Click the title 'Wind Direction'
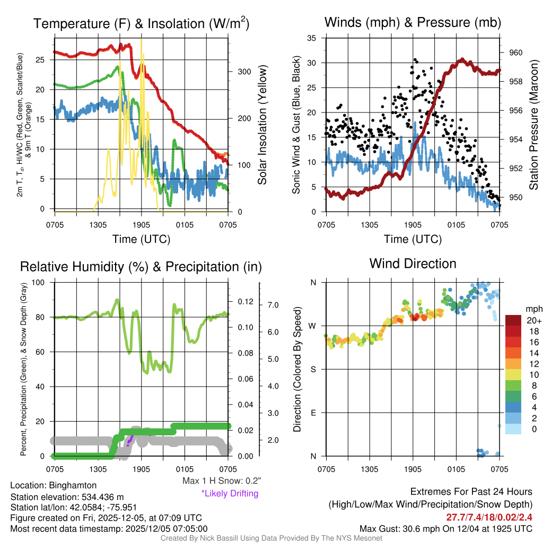point(413,264)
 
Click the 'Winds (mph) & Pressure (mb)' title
point(413,23)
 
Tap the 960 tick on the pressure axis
point(516,52)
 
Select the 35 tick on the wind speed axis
point(312,38)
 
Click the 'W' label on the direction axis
point(313,326)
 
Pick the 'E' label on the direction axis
point(313,413)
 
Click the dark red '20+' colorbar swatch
point(514,320)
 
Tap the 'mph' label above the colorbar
point(533,309)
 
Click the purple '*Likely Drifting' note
point(230,494)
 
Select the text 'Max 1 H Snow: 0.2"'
point(221,481)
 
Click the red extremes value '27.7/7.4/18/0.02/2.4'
point(489,517)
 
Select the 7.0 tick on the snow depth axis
point(274,305)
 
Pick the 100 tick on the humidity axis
point(40,282)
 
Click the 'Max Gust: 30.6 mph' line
point(446,528)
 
